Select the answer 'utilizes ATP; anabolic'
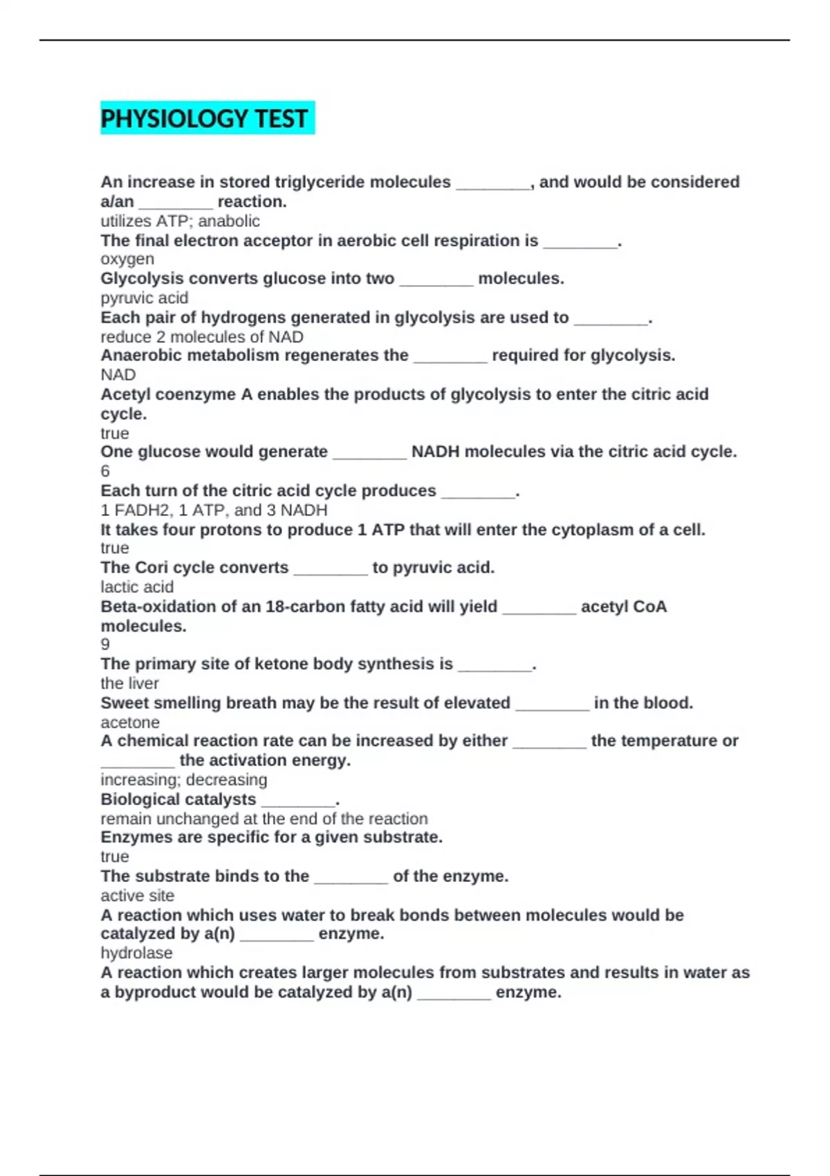180,221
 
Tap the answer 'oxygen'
127,259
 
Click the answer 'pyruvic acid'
144,298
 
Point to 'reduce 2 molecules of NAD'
202,337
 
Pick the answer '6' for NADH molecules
105,471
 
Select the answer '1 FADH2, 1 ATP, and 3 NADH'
214,511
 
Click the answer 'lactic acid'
137,587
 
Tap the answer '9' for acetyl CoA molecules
105,645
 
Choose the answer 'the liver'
129,683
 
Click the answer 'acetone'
130,723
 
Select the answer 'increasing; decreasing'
183,780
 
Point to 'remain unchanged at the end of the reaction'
264,819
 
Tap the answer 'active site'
137,896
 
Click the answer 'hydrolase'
136,953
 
